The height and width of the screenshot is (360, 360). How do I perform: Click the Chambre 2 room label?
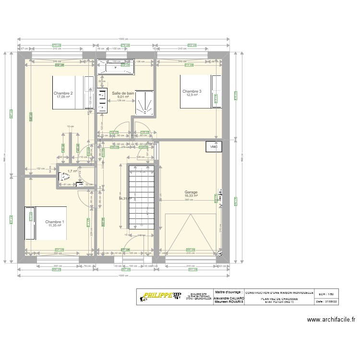point(63,93)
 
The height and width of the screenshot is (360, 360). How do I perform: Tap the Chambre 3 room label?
point(192,91)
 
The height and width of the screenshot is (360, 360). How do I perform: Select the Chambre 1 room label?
point(55,222)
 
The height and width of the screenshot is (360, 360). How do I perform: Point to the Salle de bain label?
point(123,93)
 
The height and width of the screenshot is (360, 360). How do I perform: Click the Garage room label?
point(191,192)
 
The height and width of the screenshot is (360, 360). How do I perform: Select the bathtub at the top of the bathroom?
point(116,67)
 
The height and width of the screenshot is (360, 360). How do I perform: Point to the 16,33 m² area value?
point(191,196)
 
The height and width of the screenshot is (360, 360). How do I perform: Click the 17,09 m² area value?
point(63,97)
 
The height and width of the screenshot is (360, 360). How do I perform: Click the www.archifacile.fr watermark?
point(331,319)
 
